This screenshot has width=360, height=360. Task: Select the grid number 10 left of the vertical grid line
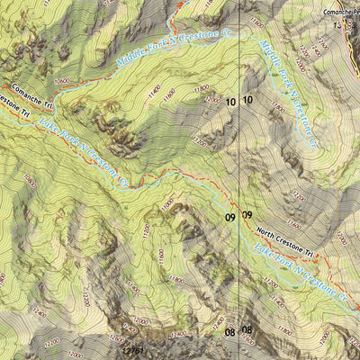pyautogui.click(x=231, y=103)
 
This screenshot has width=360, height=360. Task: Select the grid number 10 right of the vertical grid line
pyautogui.click(x=247, y=103)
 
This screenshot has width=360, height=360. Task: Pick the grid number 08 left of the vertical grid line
pyautogui.click(x=230, y=332)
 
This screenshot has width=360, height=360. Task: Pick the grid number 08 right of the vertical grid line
pyautogui.click(x=247, y=332)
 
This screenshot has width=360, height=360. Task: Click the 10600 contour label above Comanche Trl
pyautogui.click(x=61, y=80)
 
